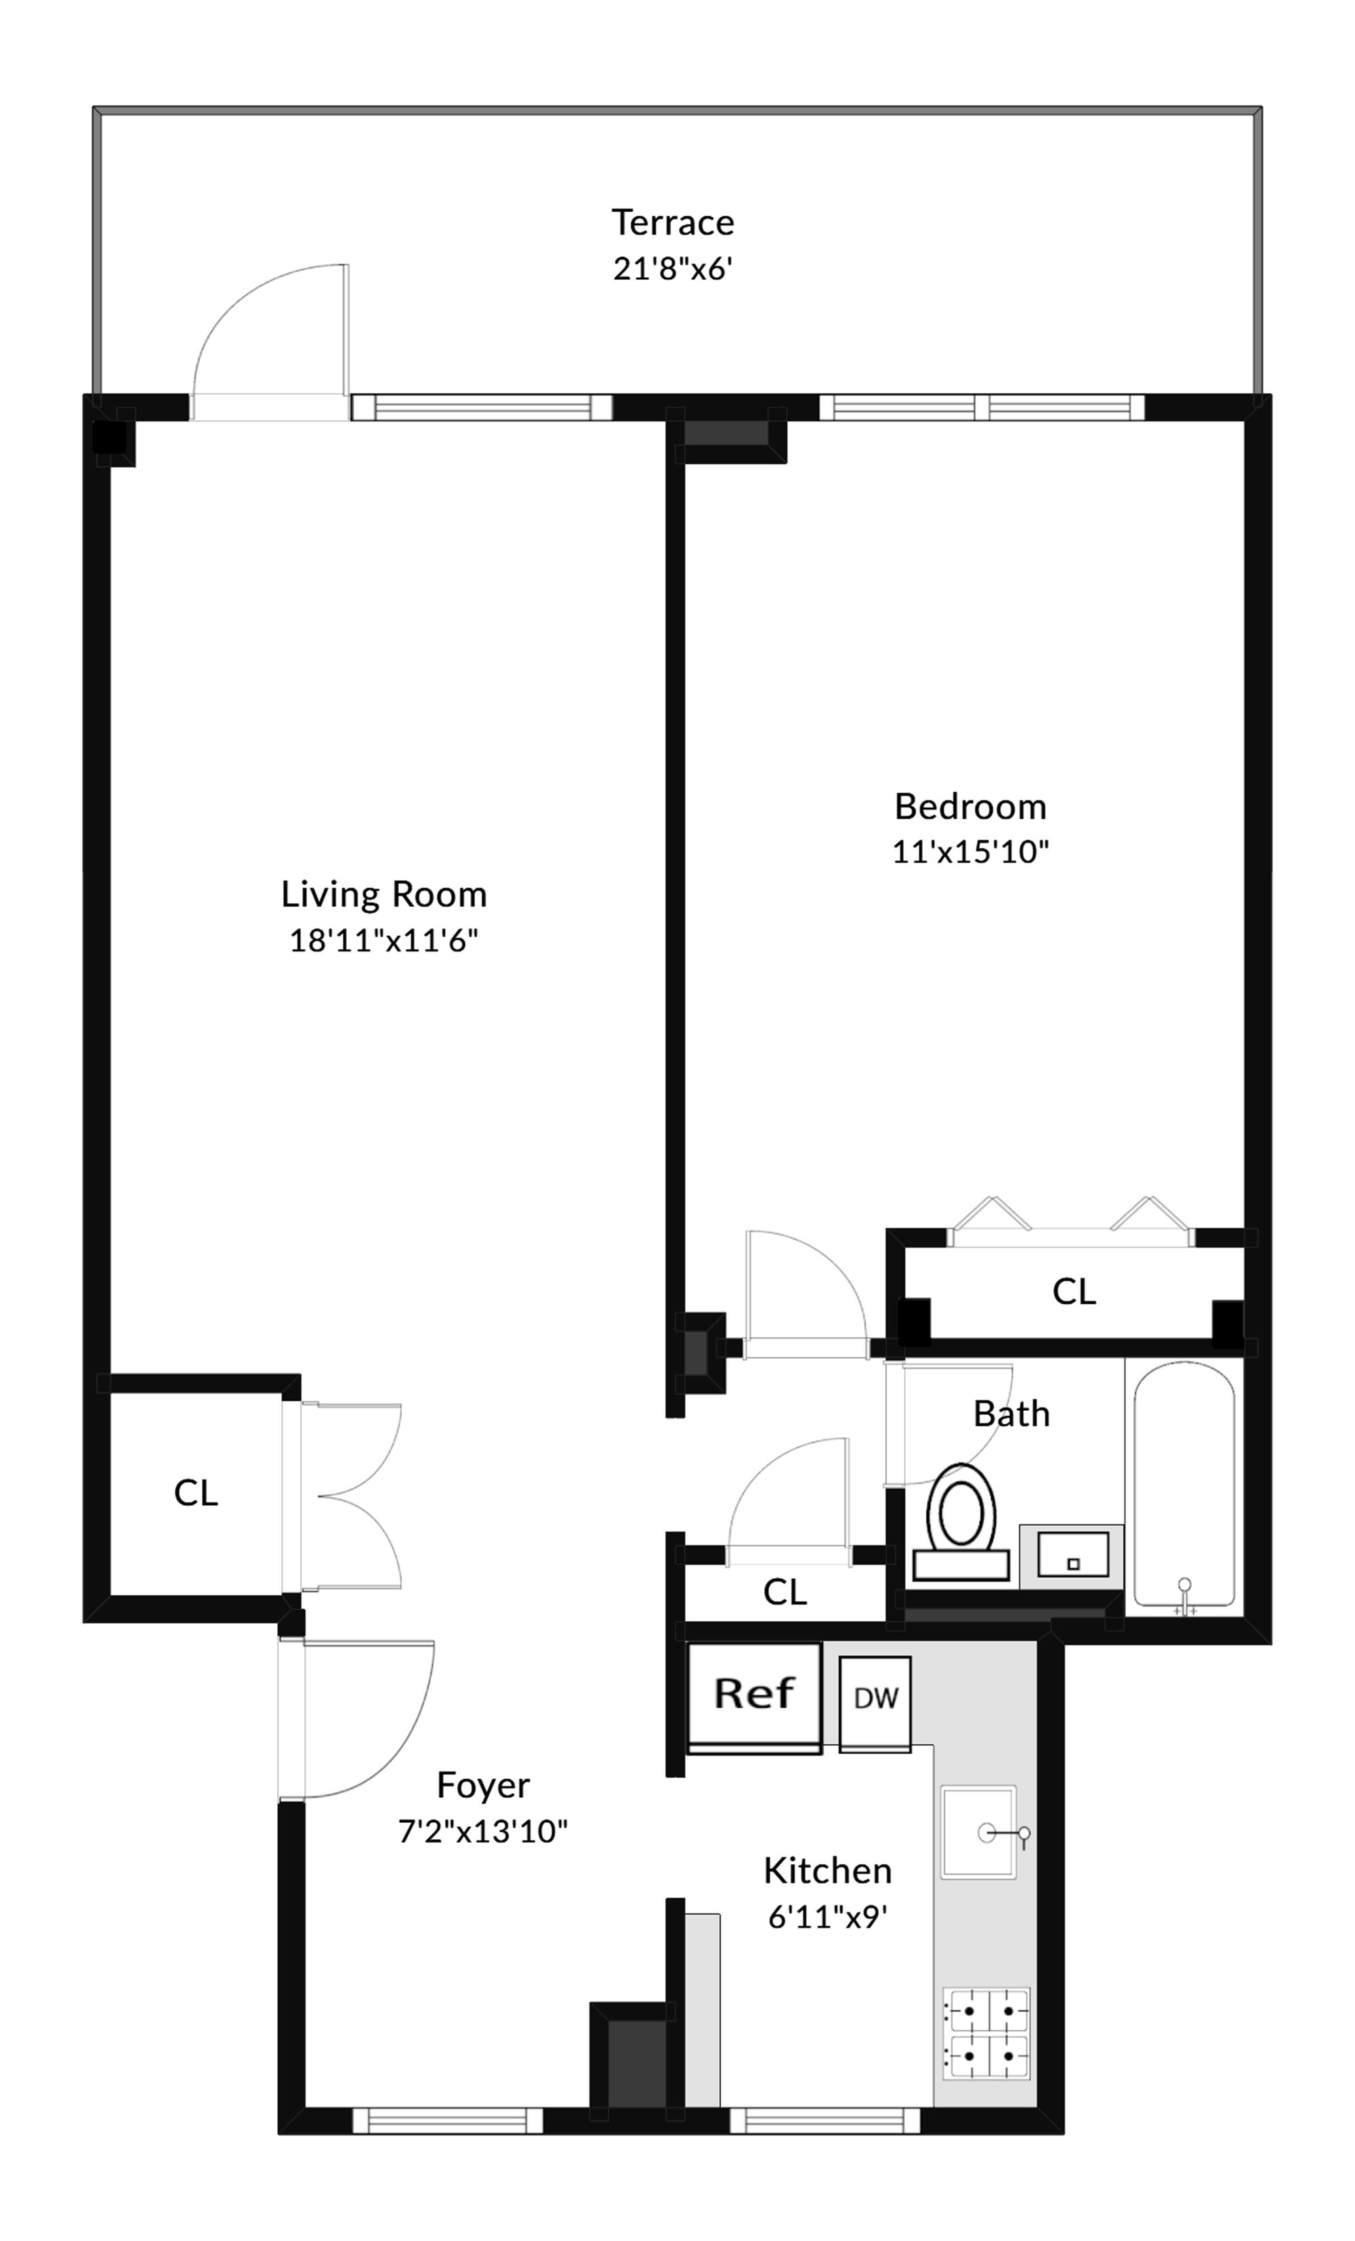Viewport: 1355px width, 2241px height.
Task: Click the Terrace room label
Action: [x=672, y=222]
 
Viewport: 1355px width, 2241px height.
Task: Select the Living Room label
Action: [x=383, y=894]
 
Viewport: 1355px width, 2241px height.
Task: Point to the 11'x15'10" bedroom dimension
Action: [x=970, y=851]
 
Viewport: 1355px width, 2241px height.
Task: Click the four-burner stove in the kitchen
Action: [x=986, y=2034]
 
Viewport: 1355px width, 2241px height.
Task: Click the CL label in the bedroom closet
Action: [x=1073, y=1292]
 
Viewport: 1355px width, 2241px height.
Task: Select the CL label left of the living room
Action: [x=196, y=1494]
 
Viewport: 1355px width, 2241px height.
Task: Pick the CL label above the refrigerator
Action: [x=784, y=1592]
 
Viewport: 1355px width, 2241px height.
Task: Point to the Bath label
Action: [x=1012, y=1414]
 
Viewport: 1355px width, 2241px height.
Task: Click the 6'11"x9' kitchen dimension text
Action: [x=827, y=1916]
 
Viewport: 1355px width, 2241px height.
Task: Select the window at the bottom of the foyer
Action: [x=447, y=2121]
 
